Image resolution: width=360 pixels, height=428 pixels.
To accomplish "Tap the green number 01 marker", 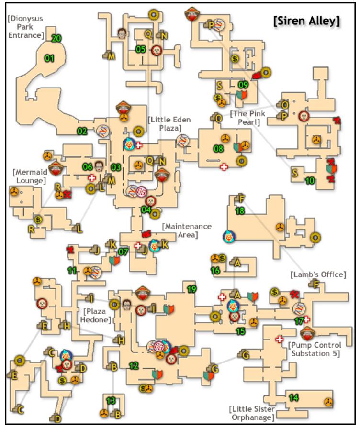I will [x=49, y=58].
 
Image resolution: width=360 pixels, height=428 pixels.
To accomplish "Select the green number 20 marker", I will [x=56, y=39].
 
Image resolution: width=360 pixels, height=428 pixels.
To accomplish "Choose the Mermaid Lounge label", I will [x=27, y=176].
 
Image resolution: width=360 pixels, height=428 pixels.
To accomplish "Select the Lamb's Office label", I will [x=318, y=274].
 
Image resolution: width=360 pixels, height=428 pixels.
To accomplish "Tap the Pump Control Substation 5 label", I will [x=315, y=349].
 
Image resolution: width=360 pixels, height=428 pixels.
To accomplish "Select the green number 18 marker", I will [x=240, y=210].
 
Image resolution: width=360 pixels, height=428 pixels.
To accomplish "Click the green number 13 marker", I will [x=111, y=400].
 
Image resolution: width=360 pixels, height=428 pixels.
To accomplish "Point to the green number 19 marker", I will [x=191, y=288].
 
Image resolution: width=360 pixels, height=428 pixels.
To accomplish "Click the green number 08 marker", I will [x=218, y=149].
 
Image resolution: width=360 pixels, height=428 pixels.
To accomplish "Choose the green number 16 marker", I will [x=215, y=271].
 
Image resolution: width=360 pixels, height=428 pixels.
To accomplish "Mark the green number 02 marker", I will [x=82, y=131].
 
